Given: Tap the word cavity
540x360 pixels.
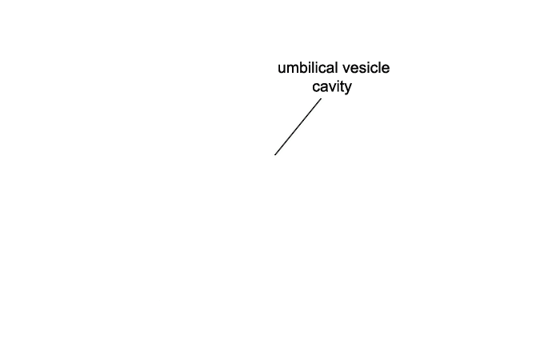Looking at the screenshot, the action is [x=332, y=87].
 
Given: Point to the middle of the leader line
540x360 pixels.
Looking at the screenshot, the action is [x=298, y=126].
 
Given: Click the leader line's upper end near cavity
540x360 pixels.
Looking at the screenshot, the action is [x=322, y=99].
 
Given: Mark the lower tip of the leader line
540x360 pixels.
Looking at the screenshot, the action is [x=275, y=155].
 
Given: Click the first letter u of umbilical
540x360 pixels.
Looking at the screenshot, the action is [x=282, y=70].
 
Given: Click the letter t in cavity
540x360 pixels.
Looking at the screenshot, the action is [x=342, y=86].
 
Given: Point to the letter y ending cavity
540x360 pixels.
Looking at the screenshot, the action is [x=348, y=89].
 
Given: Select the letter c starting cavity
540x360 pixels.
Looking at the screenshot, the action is [x=316, y=88].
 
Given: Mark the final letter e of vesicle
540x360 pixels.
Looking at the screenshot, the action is [x=386, y=70].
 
